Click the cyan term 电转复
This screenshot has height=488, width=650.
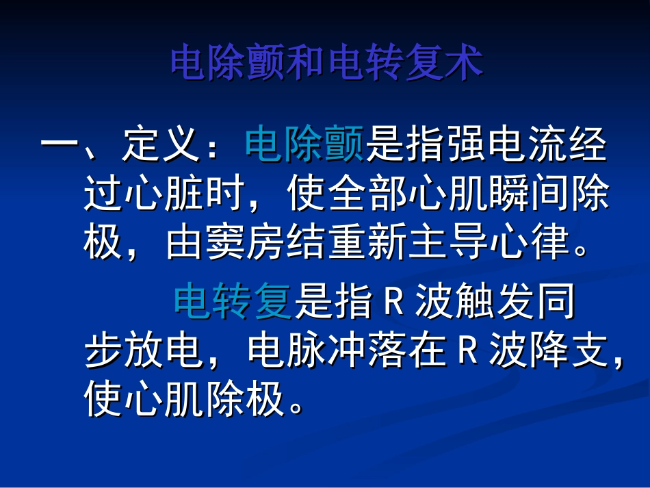coord(233,303)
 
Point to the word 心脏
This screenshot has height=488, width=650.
coord(165,195)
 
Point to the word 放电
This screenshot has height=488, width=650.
coord(165,351)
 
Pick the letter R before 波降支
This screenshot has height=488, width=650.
coord(467,352)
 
